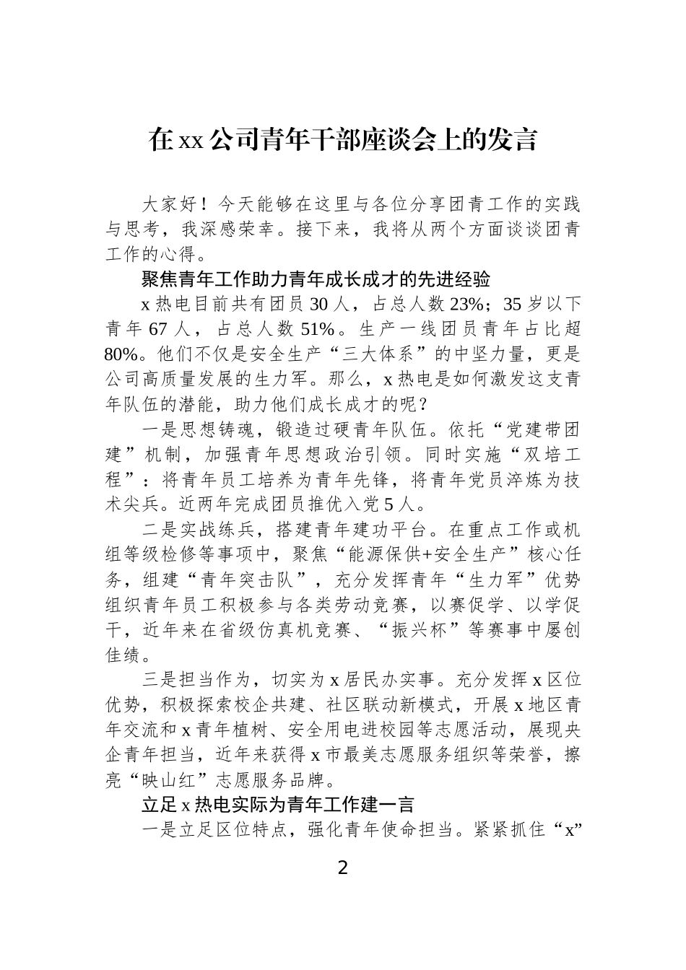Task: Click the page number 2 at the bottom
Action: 342,868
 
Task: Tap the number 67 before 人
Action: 157,328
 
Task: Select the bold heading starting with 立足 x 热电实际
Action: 278,804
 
